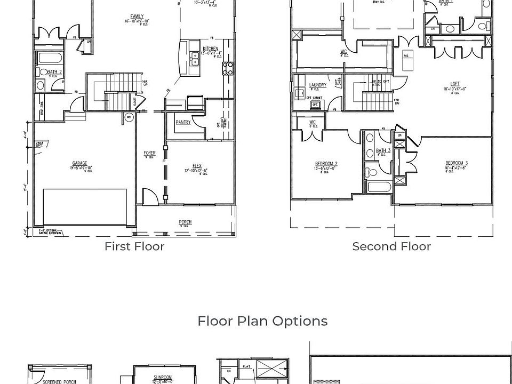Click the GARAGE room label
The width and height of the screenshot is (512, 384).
click(80, 164)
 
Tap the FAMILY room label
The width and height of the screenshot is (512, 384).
click(137, 17)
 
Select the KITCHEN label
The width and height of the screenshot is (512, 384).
click(210, 49)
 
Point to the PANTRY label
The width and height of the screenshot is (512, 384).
click(183, 123)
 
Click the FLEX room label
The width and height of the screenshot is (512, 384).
click(197, 166)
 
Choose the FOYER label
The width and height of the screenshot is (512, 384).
click(149, 154)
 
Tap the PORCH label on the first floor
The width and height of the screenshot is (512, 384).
click(185, 222)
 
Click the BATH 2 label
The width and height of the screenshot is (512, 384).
click(54, 72)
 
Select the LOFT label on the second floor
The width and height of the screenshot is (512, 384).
click(455, 84)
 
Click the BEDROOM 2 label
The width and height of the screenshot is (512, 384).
click(326, 164)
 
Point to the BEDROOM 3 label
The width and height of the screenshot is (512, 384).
click(457, 163)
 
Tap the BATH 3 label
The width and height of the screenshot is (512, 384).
click(383, 151)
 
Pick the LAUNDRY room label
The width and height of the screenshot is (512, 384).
click(318, 85)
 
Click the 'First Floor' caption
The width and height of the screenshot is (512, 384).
click(134, 246)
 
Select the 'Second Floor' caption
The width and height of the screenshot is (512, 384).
click(391, 246)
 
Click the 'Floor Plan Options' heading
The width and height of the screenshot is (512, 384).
click(262, 321)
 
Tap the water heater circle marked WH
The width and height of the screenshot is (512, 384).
click(129, 117)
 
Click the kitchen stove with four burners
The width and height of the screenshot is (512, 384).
click(228, 68)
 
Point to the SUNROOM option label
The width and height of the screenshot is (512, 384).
click(163, 378)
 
